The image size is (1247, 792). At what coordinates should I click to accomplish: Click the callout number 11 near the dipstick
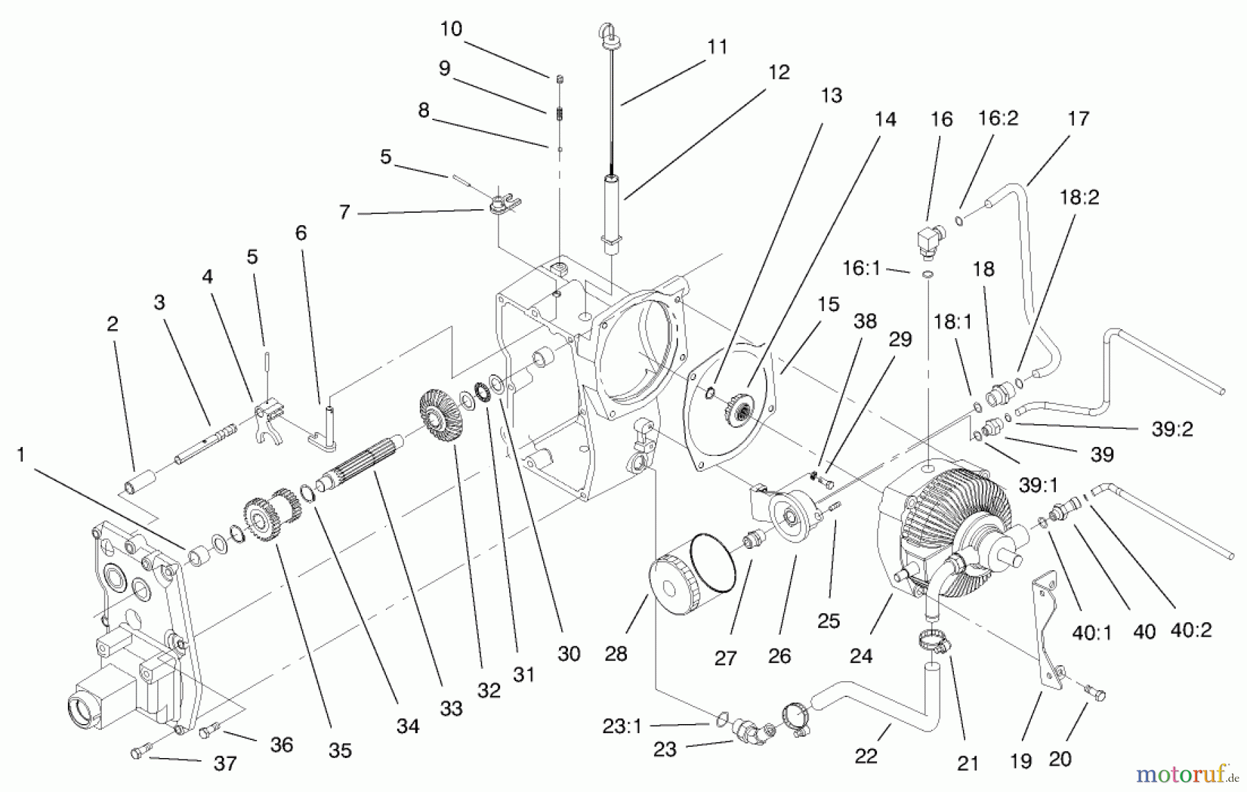tap(717, 46)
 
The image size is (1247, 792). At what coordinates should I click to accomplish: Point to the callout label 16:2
tap(998, 118)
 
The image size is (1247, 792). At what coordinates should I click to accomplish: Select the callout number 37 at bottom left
tap(225, 763)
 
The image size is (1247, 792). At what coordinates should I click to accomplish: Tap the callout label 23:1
tap(621, 726)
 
